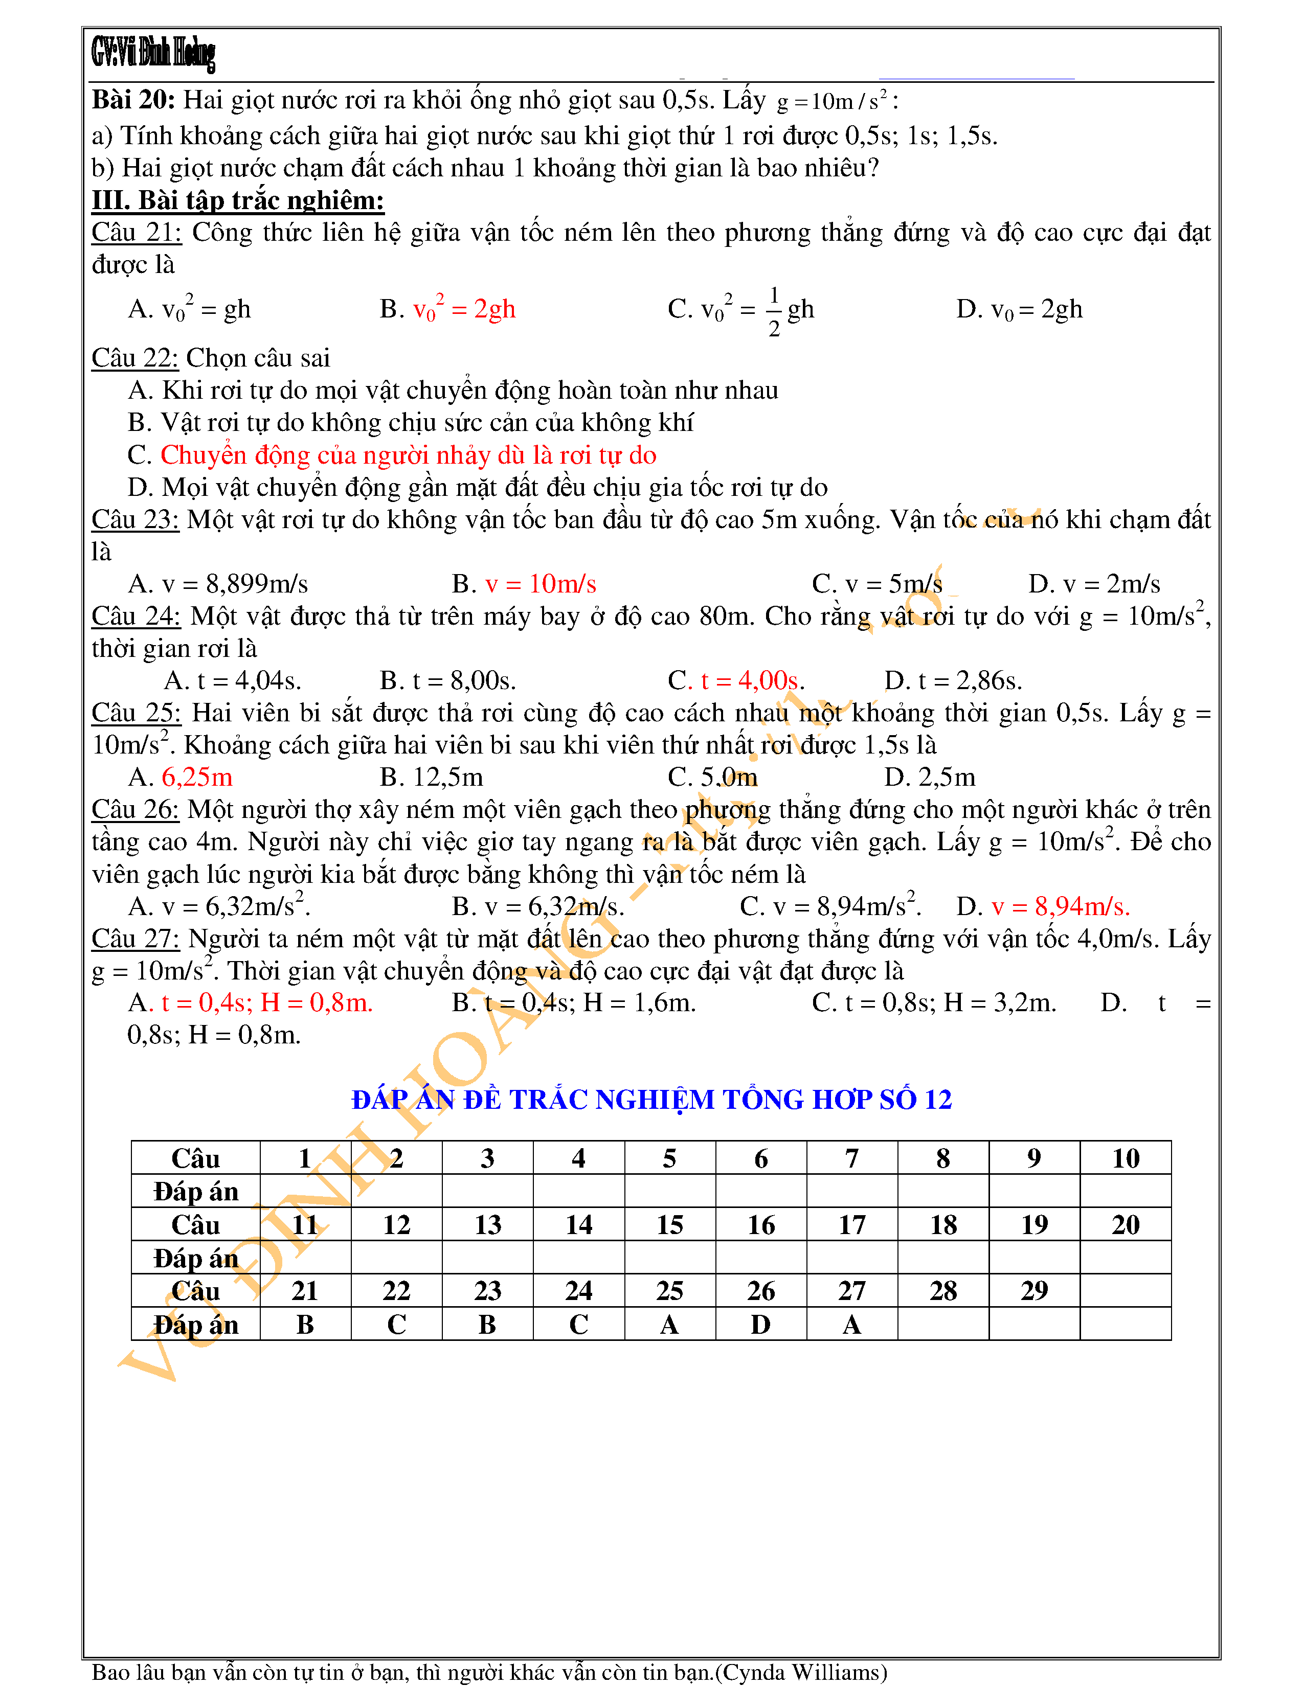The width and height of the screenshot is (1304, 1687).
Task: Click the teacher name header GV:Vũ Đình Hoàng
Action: pyautogui.click(x=153, y=53)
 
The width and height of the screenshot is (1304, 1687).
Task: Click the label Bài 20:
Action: pyautogui.click(x=133, y=100)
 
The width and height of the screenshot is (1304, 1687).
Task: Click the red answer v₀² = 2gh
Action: pyautogui.click(x=464, y=309)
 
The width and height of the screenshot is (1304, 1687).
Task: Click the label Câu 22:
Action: pyautogui.click(x=135, y=358)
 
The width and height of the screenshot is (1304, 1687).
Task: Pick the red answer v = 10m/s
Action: pyautogui.click(x=541, y=584)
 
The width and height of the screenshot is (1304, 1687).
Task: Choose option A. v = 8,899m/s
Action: pyautogui.click(x=218, y=584)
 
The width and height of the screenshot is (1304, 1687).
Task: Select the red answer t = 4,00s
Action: pyautogui.click(x=752, y=680)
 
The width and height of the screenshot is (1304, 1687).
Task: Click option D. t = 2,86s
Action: pyautogui.click(x=953, y=680)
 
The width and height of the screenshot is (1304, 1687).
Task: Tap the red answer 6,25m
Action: pyautogui.click(x=197, y=777)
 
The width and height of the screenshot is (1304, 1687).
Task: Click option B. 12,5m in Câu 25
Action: pyautogui.click(x=431, y=777)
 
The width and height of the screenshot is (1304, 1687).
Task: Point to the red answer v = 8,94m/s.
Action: pyautogui.click(x=1061, y=906)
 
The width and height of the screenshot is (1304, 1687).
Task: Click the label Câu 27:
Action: pyautogui.click(x=135, y=939)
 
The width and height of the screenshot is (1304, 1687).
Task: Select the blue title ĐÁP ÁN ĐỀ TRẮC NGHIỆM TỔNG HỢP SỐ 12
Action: pyautogui.click(x=651, y=1099)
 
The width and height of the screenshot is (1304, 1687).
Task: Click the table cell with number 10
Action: pyautogui.click(x=1126, y=1158)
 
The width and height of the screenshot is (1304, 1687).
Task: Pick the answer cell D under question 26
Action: pyautogui.click(x=761, y=1324)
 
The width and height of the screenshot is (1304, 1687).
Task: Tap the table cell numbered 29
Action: pyautogui.click(x=1035, y=1291)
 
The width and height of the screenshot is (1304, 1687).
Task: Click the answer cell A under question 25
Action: pyautogui.click(x=670, y=1324)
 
